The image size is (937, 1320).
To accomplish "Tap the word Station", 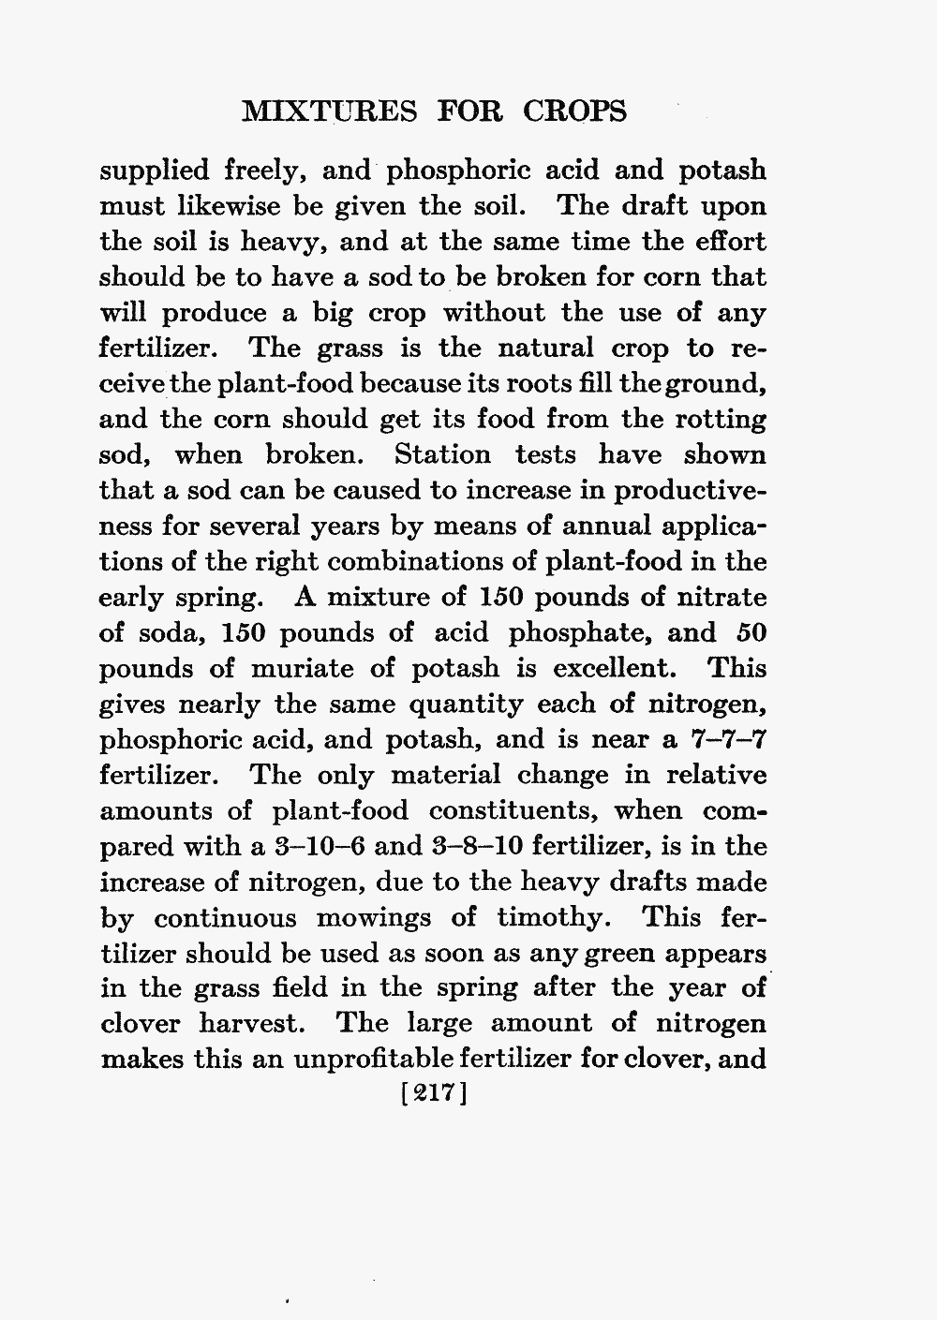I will pyautogui.click(x=442, y=455).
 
